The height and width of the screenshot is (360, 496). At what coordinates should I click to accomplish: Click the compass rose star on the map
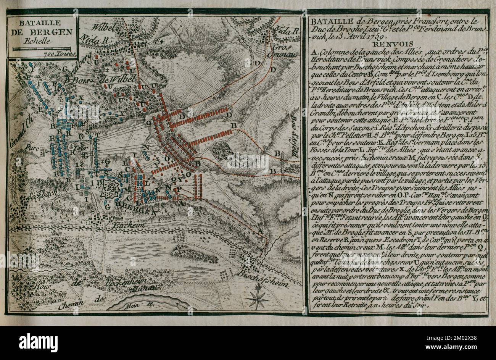[258, 299]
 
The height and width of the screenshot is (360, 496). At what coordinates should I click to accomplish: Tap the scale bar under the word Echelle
[42, 49]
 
